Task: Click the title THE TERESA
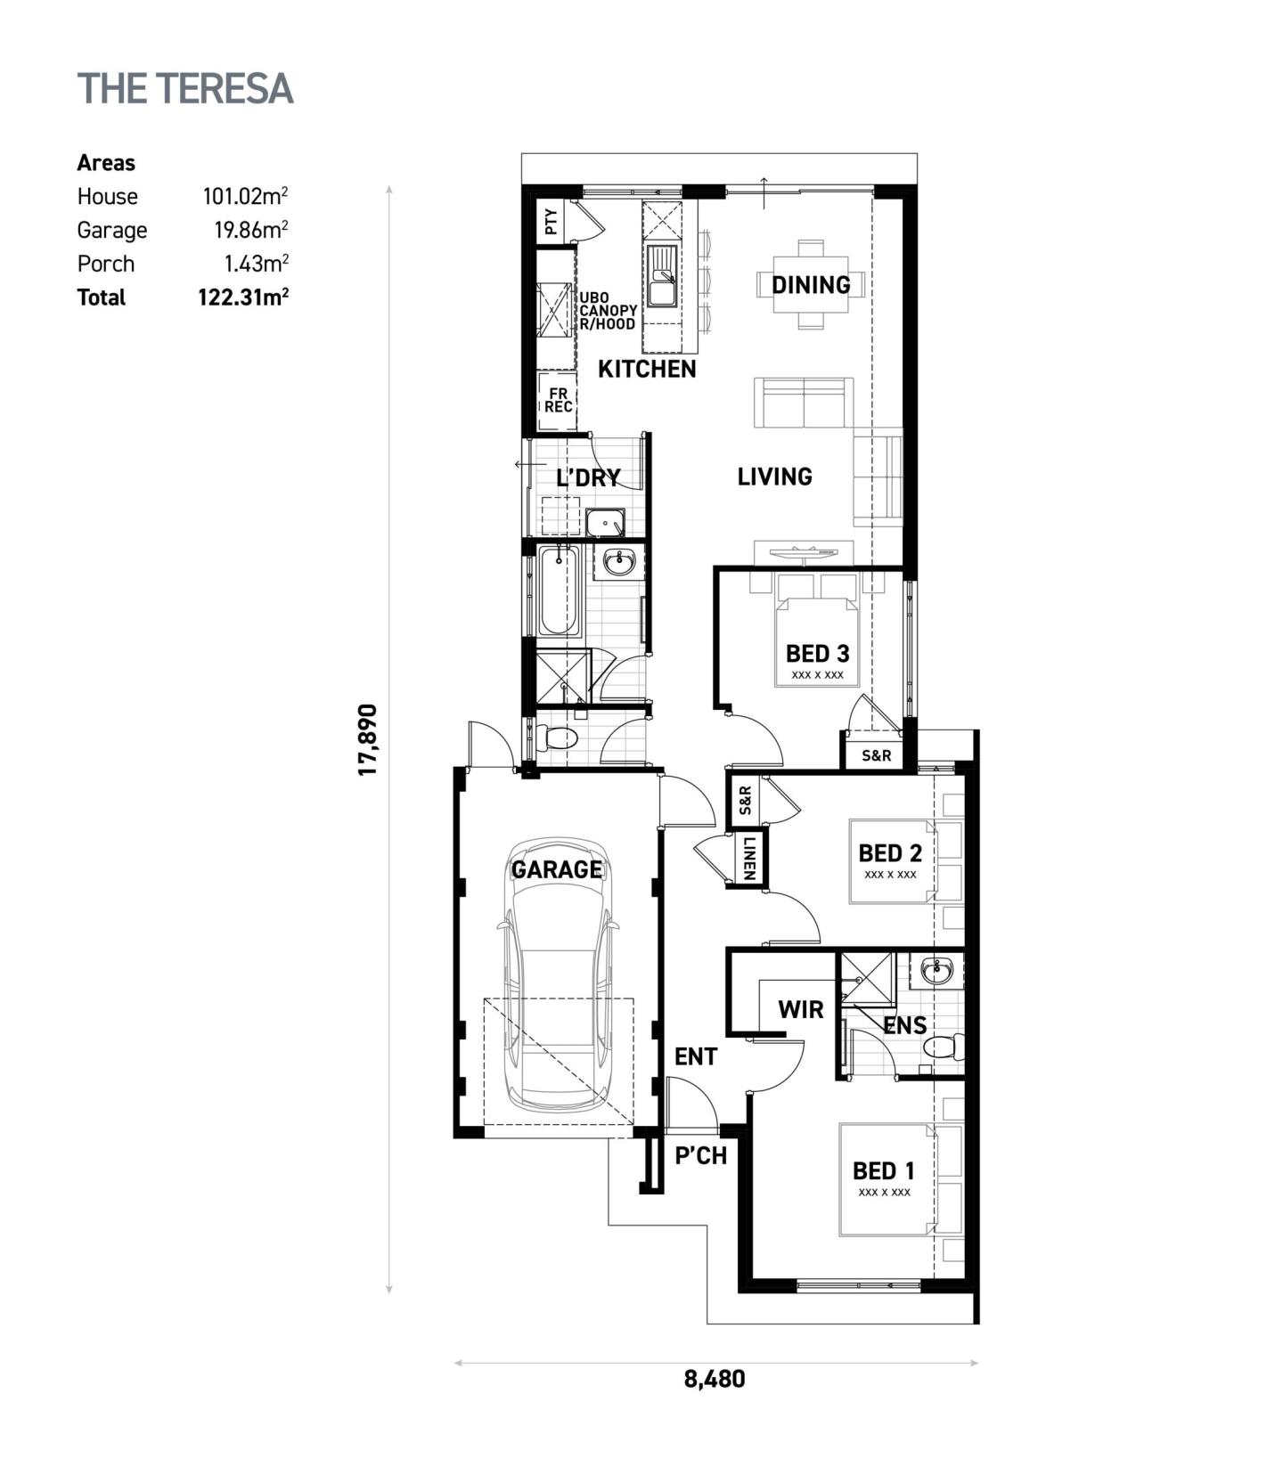tap(185, 89)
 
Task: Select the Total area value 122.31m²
tap(242, 297)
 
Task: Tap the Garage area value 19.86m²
tap(250, 230)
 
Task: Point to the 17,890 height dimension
tap(368, 739)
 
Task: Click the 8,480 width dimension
tap(715, 1380)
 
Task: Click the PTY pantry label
tap(551, 221)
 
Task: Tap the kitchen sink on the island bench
tap(661, 276)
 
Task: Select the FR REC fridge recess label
tap(559, 400)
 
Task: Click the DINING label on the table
tap(811, 285)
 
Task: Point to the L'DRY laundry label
tap(588, 478)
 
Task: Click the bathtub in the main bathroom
tap(559, 590)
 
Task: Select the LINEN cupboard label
tap(748, 858)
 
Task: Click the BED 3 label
tap(817, 654)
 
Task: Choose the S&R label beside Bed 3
tap(876, 755)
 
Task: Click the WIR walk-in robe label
tap(800, 1010)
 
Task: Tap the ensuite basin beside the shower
tap(936, 970)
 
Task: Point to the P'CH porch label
tap(700, 1156)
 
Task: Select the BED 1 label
tap(883, 1170)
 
